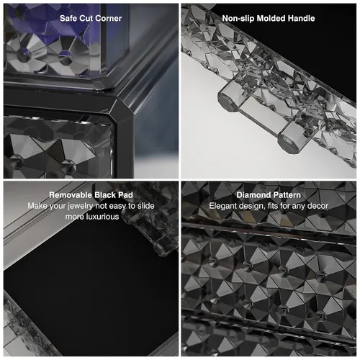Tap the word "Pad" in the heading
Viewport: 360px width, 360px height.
[x=125, y=195]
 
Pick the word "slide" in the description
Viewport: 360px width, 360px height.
[x=145, y=206]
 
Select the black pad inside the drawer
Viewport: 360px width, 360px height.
[x=91, y=288]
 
